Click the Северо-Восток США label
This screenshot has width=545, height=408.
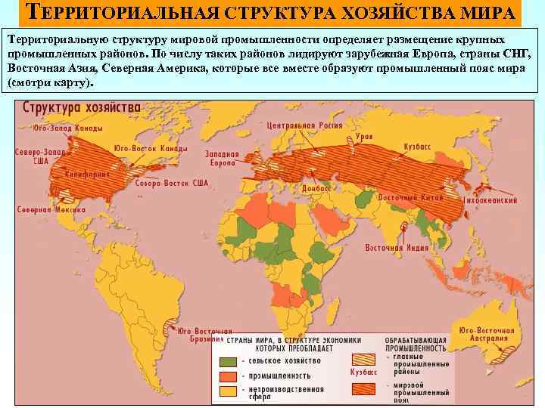170,184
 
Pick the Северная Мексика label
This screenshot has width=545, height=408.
40,209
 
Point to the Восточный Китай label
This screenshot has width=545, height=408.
406,196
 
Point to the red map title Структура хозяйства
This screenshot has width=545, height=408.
82,107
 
